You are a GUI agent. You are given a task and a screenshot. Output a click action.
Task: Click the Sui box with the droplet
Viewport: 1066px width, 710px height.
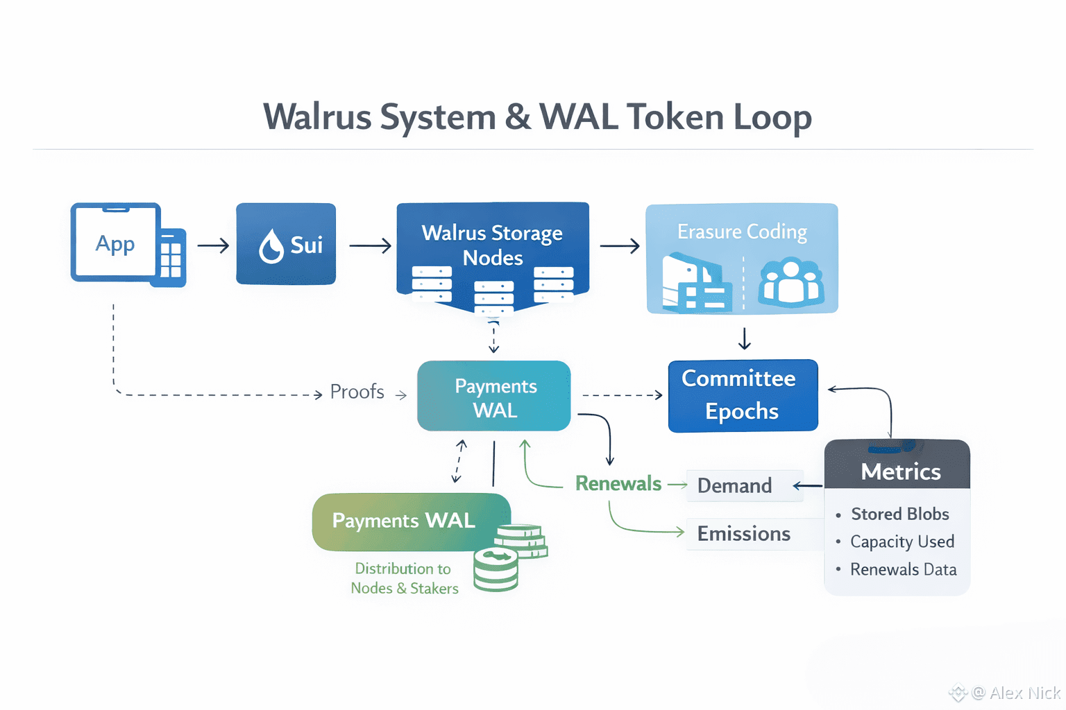[286, 243]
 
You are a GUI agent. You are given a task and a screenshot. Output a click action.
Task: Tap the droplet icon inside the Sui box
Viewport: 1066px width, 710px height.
[271, 246]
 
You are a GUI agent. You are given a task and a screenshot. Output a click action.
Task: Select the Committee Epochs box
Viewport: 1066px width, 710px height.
[743, 395]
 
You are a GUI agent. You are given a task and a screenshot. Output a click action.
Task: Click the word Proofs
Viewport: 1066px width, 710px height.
[357, 392]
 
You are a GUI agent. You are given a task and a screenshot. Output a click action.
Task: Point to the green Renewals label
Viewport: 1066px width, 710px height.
[618, 483]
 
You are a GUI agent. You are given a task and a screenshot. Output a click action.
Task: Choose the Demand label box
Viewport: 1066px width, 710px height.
[734, 485]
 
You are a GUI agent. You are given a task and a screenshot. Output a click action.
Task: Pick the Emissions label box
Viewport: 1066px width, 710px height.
[743, 533]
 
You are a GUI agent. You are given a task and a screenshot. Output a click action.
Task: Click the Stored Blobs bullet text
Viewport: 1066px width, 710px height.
[899, 514]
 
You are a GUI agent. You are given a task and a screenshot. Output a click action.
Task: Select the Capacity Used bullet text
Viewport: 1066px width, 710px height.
[902, 542]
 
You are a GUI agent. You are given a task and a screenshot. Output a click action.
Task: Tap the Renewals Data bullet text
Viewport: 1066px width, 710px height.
[903, 569]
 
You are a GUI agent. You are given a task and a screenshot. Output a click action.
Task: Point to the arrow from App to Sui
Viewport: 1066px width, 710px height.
[213, 245]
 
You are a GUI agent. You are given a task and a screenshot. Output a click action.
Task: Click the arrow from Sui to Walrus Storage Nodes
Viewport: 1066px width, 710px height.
[370, 245]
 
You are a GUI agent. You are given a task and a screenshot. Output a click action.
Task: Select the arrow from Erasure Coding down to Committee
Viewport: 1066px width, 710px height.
[744, 338]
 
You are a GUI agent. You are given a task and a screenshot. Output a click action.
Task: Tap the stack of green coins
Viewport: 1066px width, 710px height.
[511, 556]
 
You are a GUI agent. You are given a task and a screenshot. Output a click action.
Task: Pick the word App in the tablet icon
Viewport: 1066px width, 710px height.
[115, 243]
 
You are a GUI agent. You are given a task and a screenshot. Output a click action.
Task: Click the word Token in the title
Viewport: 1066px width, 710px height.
[675, 116]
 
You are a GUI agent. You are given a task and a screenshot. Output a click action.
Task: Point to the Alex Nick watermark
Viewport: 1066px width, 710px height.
[1017, 693]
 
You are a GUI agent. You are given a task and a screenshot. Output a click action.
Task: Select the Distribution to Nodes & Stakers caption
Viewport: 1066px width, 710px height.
[404, 578]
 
